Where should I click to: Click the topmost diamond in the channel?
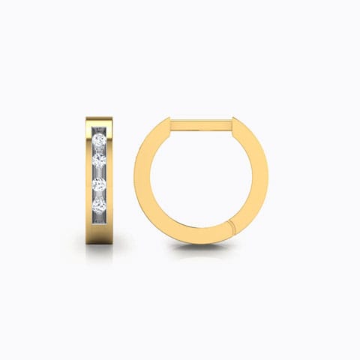tap(99, 140)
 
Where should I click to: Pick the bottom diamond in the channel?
tap(99, 203)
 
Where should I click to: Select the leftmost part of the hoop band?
tap(140, 180)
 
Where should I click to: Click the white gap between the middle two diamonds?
tap(99, 172)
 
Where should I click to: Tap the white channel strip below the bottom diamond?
tap(99, 217)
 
